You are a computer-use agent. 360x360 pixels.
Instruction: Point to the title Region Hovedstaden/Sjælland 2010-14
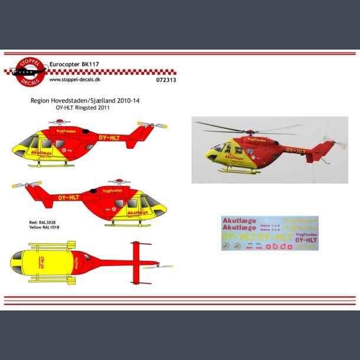85,101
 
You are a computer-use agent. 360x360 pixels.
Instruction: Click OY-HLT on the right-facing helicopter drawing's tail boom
69,197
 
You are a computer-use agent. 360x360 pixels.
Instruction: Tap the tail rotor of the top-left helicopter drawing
152,125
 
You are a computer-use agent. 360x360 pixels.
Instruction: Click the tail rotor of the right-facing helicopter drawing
25,185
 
